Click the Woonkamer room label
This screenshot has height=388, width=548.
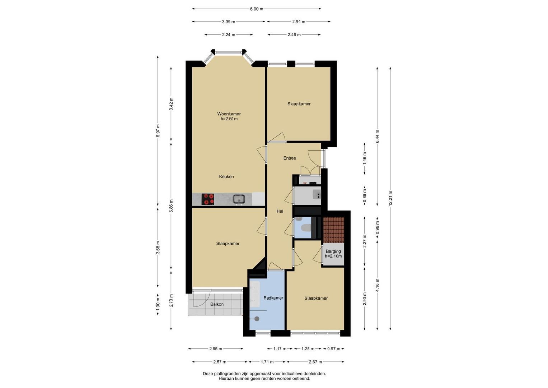tap(229, 114)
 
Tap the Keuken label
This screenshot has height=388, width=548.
tap(226, 176)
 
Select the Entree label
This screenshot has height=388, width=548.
tap(290, 158)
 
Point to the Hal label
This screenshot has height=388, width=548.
tap(280, 211)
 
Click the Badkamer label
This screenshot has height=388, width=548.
tap(273, 298)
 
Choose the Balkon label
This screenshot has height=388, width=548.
tap(217, 304)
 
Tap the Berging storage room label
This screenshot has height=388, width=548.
tap(333, 251)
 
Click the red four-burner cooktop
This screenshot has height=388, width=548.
tap(208, 199)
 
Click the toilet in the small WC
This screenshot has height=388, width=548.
tap(306, 227)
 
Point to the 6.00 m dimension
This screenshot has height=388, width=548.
tap(256, 9)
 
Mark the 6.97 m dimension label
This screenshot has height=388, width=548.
tap(158, 131)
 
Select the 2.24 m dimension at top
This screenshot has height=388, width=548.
tap(229, 35)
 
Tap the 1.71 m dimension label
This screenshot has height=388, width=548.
tap(267, 361)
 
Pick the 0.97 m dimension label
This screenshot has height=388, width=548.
tap(334, 349)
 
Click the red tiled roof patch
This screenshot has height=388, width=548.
tap(333, 230)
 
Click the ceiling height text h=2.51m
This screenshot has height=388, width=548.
tap(229, 119)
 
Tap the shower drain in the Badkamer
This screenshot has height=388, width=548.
tap(257, 319)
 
